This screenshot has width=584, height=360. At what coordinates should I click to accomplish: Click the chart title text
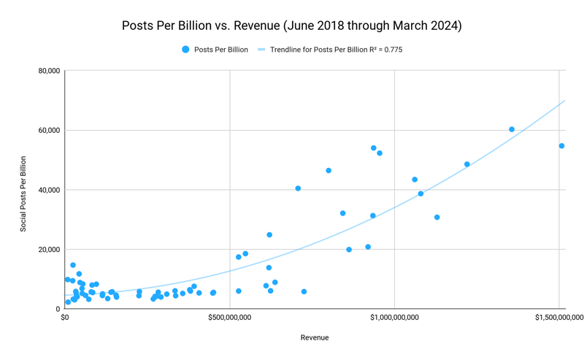click(292, 26)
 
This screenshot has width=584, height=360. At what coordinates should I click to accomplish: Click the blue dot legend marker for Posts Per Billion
click(185, 50)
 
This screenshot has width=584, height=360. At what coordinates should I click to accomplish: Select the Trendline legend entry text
click(321, 50)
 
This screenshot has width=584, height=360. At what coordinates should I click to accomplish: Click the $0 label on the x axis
click(65, 318)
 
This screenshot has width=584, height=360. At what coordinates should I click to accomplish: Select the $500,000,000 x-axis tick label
click(230, 318)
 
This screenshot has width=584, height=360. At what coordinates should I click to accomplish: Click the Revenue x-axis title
click(315, 337)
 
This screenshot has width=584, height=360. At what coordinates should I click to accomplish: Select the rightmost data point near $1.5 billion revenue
click(561, 146)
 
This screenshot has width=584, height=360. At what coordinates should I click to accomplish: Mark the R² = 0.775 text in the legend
click(383, 50)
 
